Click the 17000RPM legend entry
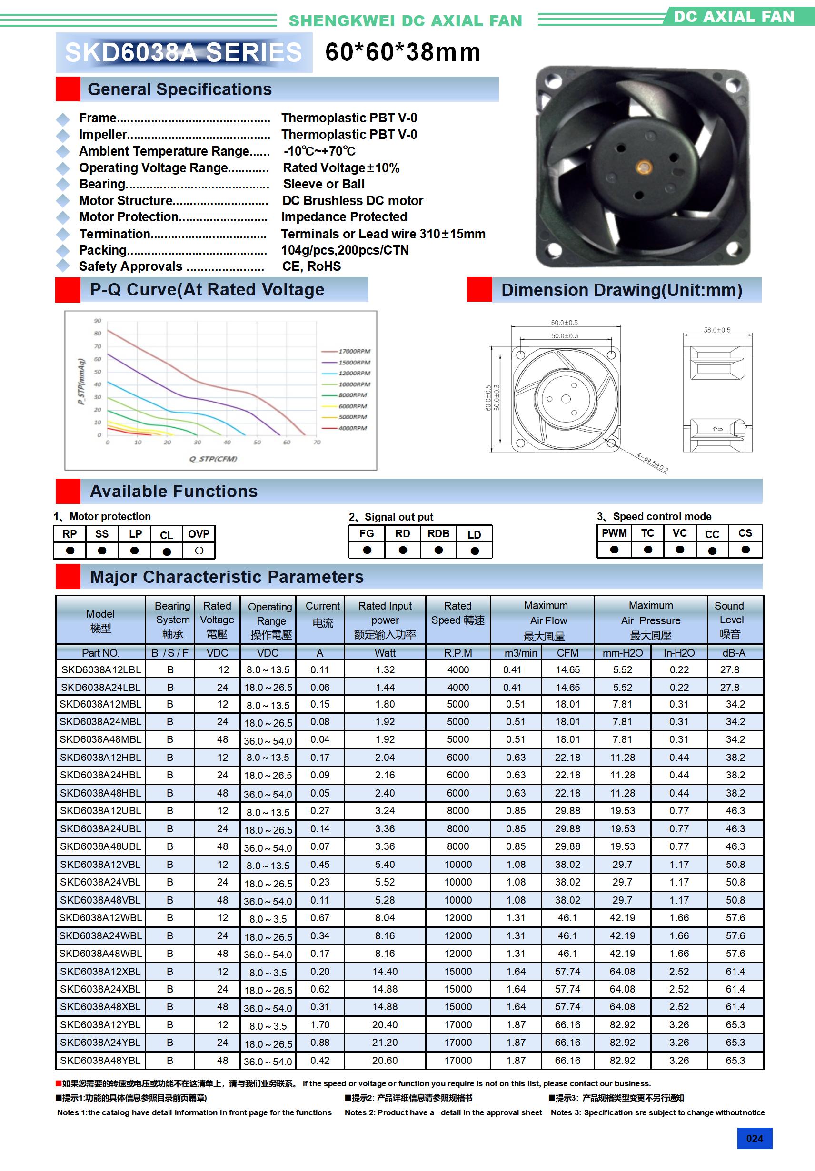pos(354,352)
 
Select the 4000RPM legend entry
pos(352,428)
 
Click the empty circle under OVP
pos(199,551)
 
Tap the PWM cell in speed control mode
pos(614,533)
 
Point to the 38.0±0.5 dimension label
pos(716,330)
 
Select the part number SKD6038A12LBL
pos(100,670)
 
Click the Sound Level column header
pos(731,620)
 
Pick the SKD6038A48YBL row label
pos(100,1060)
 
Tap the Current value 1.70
pos(320,1024)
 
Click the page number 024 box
pos(754,1138)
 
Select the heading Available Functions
pos(173,491)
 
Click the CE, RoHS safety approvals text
pos(311,266)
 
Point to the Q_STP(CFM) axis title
pos(213,459)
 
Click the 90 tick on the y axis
pos(98,321)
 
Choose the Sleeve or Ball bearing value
pos(324,184)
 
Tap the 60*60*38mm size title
pos(403,52)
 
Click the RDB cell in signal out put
pos(438,533)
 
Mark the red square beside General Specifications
pos(68,89)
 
